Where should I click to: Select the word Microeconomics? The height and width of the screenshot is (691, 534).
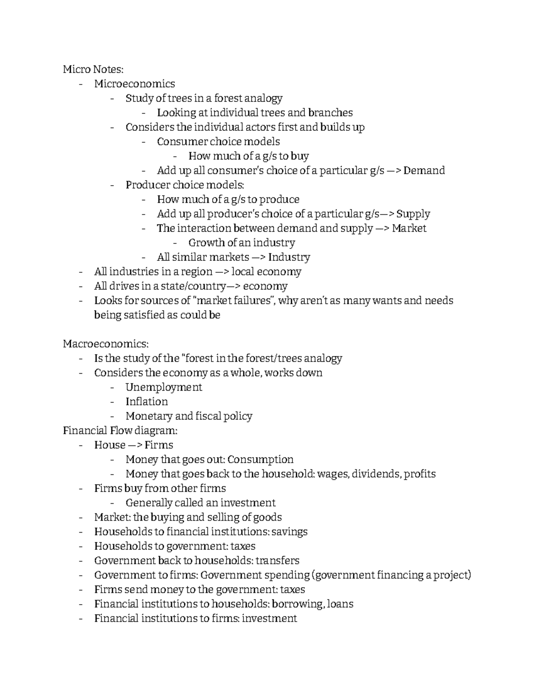[134, 84]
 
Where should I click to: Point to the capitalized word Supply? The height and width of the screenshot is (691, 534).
[413, 214]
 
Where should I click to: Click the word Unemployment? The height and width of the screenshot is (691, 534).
[163, 387]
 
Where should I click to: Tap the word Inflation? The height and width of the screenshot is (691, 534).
[146, 402]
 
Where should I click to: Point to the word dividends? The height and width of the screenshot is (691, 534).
[375, 474]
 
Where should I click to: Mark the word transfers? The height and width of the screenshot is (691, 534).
[277, 561]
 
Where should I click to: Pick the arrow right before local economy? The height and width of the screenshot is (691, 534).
[222, 272]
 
